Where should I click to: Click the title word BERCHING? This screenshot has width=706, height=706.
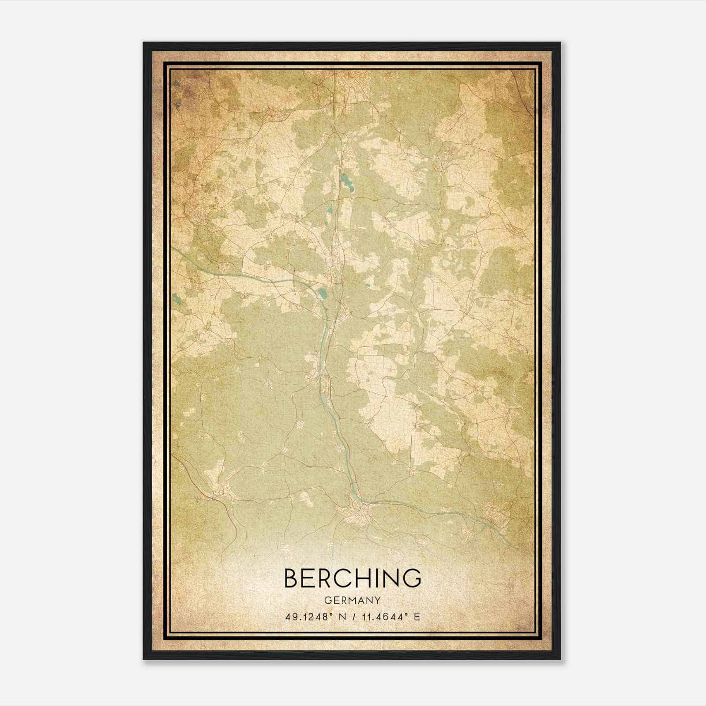click(x=353, y=578)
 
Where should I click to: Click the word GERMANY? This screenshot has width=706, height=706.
click(x=353, y=600)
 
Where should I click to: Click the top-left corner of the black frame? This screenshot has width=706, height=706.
click(x=144, y=43)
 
